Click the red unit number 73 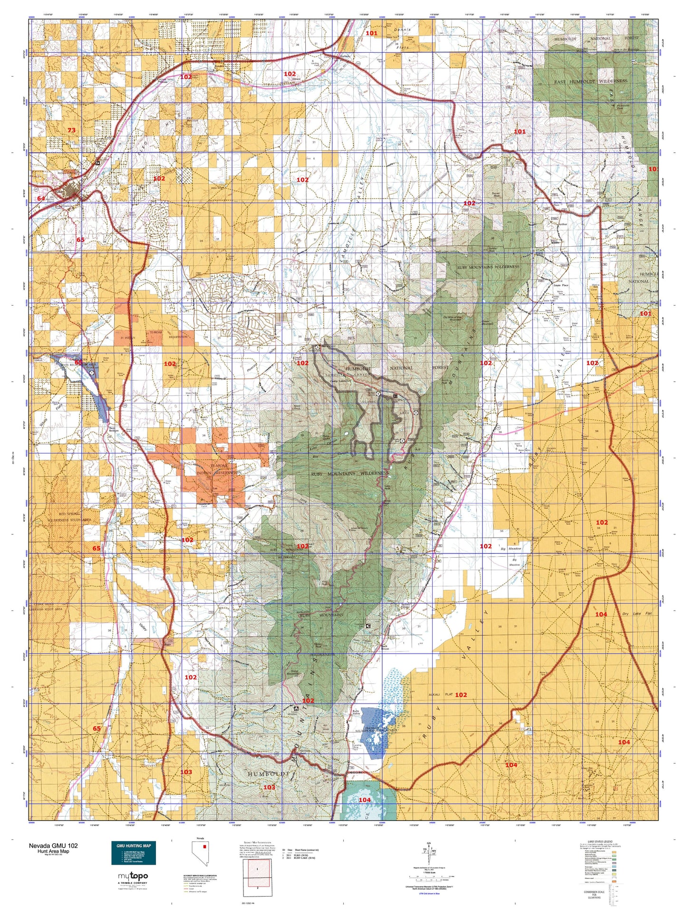[71, 130]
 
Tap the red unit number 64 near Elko [41, 198]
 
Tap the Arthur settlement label [563, 224]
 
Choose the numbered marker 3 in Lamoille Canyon [416, 413]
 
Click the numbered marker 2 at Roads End [402, 441]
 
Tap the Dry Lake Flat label [637, 614]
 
